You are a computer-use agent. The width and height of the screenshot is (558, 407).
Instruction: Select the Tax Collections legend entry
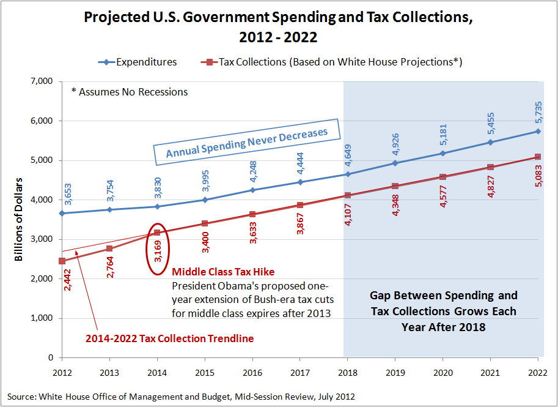point(330,62)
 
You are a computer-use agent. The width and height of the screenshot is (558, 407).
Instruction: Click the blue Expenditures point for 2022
point(538,131)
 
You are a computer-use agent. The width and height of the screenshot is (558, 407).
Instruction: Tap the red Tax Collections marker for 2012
point(62,261)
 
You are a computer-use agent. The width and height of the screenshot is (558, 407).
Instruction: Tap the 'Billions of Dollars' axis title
point(19,219)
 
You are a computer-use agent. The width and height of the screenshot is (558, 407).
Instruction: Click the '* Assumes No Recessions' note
point(130,92)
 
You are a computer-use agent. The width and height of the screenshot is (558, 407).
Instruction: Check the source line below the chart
point(181,397)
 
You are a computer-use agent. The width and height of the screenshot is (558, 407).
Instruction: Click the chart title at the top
point(279,27)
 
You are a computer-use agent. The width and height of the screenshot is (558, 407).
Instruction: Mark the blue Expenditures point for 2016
point(252,190)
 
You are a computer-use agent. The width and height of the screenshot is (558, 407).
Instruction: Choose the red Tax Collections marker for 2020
point(442,177)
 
